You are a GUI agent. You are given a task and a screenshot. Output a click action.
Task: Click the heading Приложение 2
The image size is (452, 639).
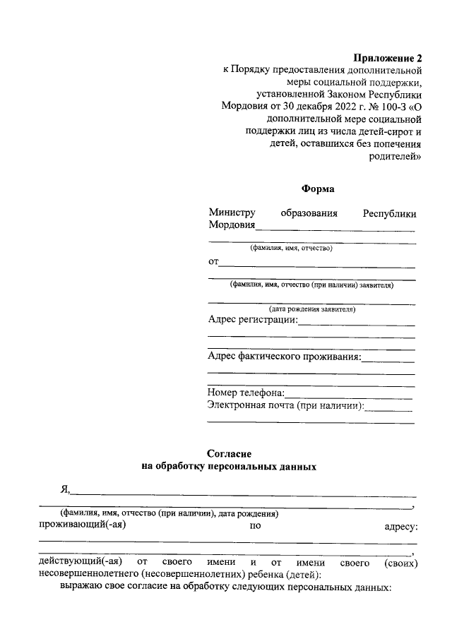tap(387, 58)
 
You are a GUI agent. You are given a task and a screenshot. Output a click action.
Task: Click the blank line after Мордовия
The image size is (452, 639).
tap(335, 229)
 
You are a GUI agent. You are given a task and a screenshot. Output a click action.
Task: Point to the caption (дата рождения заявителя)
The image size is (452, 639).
tap(311, 309)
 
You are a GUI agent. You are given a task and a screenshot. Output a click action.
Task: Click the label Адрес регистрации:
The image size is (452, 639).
tap(253, 321)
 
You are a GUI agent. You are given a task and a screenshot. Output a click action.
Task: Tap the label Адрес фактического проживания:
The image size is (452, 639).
tap(285, 357)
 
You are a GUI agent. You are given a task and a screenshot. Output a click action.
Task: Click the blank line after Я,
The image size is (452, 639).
tap(244, 495)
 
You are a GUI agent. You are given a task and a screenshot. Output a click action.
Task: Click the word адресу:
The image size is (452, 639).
tap(400, 526)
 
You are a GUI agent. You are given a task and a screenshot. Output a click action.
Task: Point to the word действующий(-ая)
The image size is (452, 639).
tap(81, 563)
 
